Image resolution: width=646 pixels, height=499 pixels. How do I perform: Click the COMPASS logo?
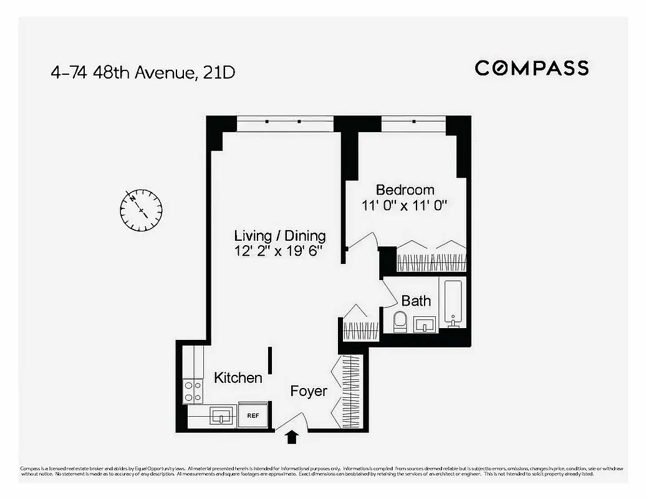coord(531,68)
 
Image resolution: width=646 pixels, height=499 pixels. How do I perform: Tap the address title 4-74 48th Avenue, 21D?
coord(143,72)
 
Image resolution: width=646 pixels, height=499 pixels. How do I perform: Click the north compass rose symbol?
coord(141,210)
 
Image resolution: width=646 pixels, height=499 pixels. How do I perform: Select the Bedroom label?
coord(405,190)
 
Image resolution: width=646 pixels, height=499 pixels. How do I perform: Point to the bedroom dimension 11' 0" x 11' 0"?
coord(405,205)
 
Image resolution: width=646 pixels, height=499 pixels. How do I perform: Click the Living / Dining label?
coord(280,236)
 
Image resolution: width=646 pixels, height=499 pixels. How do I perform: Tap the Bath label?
coord(416,301)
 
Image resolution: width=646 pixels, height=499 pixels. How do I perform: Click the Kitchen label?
coord(238,378)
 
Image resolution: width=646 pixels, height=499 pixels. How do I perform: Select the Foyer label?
coord(309,391)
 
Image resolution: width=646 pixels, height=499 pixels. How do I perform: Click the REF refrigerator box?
coord(253,415)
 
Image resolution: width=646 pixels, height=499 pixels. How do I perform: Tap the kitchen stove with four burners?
coord(193,391)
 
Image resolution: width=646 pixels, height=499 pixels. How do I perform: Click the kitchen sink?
coord(221,415)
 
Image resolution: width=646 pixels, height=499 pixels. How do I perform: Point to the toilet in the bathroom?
coord(400,322)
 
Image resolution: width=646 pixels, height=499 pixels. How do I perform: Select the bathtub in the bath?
coord(453,303)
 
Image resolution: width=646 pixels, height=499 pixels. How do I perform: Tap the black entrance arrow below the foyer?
coord(291,437)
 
